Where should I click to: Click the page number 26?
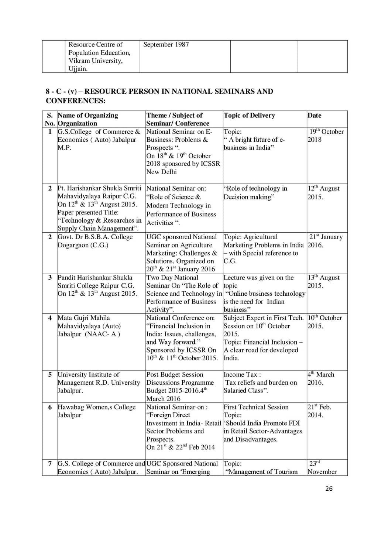pos(329,488)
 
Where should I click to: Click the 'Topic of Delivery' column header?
pos(249,116)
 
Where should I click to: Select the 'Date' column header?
pos(315,116)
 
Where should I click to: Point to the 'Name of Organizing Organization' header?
pos(88,119)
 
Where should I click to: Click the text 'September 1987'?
pos(166,45)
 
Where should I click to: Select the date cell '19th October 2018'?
pos(326,136)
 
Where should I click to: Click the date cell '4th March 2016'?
pos(321,378)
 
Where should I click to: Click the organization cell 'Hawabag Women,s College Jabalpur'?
pos(96,411)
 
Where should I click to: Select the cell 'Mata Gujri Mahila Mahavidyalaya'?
pos(89,326)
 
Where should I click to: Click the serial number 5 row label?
pos(50,375)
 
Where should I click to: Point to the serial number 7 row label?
pos(50,464)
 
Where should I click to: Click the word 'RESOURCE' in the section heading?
pos(106,92)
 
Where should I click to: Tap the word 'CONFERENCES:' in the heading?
pos(76,101)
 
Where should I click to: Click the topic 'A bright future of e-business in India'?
pos(254,144)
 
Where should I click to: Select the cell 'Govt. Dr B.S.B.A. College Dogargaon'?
pos(95,241)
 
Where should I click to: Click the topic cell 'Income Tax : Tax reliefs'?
pos(260,383)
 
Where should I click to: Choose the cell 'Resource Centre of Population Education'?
pos(100,56)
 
